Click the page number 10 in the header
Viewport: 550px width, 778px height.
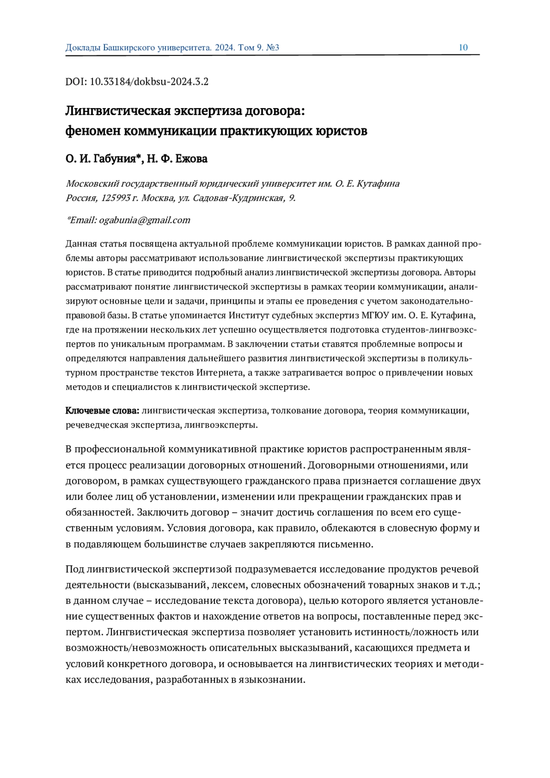tap(463, 48)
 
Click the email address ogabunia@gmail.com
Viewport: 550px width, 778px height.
tap(144, 220)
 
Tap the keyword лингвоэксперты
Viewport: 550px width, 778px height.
tap(220, 425)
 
